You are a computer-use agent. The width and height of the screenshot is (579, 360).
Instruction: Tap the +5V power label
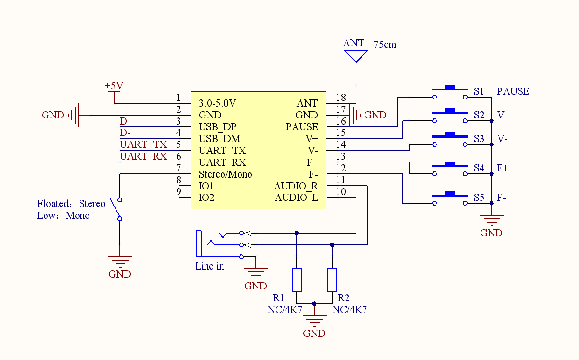114,86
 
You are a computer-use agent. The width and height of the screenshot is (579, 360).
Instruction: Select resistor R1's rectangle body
296,279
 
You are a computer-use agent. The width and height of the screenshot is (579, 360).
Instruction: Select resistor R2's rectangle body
332,279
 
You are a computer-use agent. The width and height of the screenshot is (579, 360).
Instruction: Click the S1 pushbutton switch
450,92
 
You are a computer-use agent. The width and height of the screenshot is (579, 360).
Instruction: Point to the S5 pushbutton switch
450,198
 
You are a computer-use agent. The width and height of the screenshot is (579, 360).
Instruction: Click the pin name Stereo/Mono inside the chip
225,174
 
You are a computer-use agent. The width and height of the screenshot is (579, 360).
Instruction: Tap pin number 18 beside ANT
341,98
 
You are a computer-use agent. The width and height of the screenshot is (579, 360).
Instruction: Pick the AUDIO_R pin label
296,186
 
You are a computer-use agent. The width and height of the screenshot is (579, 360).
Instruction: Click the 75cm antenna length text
385,45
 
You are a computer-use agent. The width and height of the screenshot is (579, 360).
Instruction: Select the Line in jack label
210,266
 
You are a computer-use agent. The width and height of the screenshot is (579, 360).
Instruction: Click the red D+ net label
126,121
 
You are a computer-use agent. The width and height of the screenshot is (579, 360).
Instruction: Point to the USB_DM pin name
220,139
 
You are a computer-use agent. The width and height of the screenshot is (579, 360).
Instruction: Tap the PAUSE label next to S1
513,91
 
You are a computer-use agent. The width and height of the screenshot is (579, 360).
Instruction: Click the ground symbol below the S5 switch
491,220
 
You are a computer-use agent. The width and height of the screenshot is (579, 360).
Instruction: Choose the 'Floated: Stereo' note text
71,204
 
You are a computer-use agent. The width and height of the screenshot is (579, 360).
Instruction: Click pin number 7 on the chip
178,168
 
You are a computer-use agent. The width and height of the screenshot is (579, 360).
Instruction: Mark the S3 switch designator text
479,139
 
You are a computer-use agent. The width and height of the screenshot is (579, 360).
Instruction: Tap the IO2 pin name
206,198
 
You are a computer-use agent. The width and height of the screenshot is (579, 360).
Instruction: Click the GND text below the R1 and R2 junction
314,333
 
